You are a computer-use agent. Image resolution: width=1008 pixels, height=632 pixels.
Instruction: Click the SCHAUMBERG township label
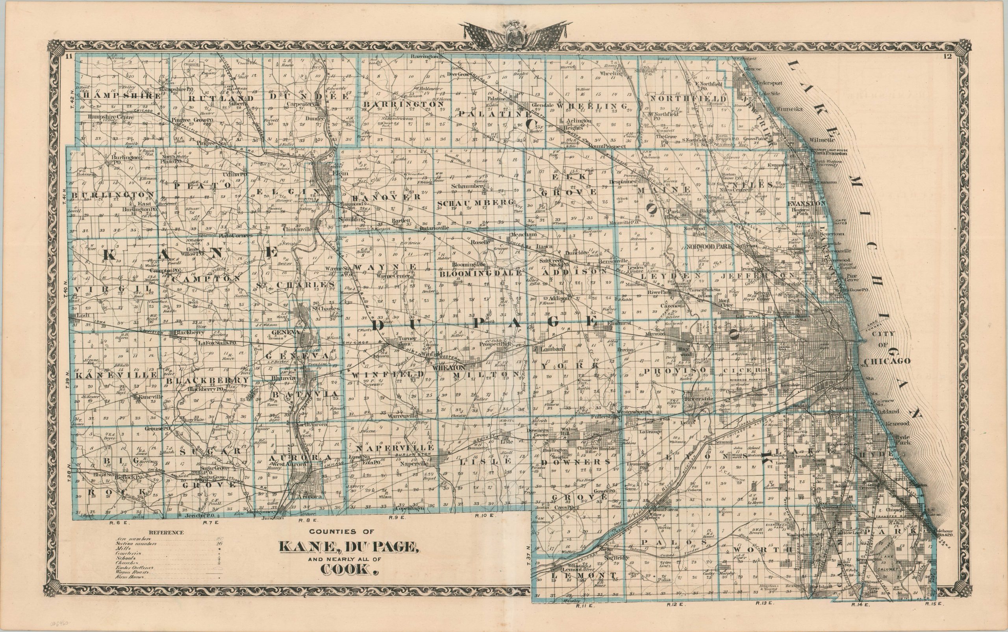pos(475,203)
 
